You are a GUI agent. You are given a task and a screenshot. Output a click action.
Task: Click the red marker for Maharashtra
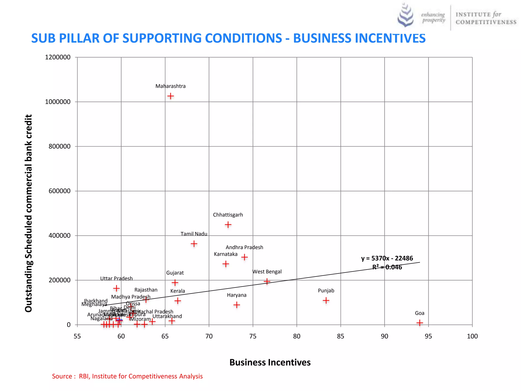pos(170,96)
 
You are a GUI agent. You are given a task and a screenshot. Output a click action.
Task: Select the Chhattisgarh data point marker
pos(228,225)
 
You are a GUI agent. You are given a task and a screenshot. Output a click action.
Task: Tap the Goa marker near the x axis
pos(419,323)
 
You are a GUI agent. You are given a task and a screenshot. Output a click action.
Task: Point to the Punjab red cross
pos(326,300)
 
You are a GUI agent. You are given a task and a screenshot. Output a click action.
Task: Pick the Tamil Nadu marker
pos(194,244)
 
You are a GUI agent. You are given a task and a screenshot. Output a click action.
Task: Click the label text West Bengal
pos(267,272)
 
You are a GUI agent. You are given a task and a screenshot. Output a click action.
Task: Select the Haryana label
pos(237,295)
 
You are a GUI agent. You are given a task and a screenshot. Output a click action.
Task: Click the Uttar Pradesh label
pos(116,278)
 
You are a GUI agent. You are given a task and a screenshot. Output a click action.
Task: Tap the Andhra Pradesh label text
pos(244,247)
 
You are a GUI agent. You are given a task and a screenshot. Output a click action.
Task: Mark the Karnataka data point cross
pos(226,264)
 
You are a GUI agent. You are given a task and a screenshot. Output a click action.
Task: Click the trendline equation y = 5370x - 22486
pos(387,258)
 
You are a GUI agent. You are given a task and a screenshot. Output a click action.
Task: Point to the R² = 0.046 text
pos(387,267)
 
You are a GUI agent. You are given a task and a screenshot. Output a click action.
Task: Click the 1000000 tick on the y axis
pos(58,102)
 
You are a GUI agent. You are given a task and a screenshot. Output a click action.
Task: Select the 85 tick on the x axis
pos(340,336)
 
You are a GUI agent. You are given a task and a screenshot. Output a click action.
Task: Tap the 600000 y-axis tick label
pos(60,191)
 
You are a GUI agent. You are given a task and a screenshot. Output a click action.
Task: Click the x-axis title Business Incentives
pos(270,362)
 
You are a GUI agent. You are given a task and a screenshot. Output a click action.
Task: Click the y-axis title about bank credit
pos(28,213)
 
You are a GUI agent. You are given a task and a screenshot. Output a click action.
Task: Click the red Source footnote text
pos(127,376)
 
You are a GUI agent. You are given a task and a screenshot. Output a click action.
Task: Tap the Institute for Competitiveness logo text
pos(486,18)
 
